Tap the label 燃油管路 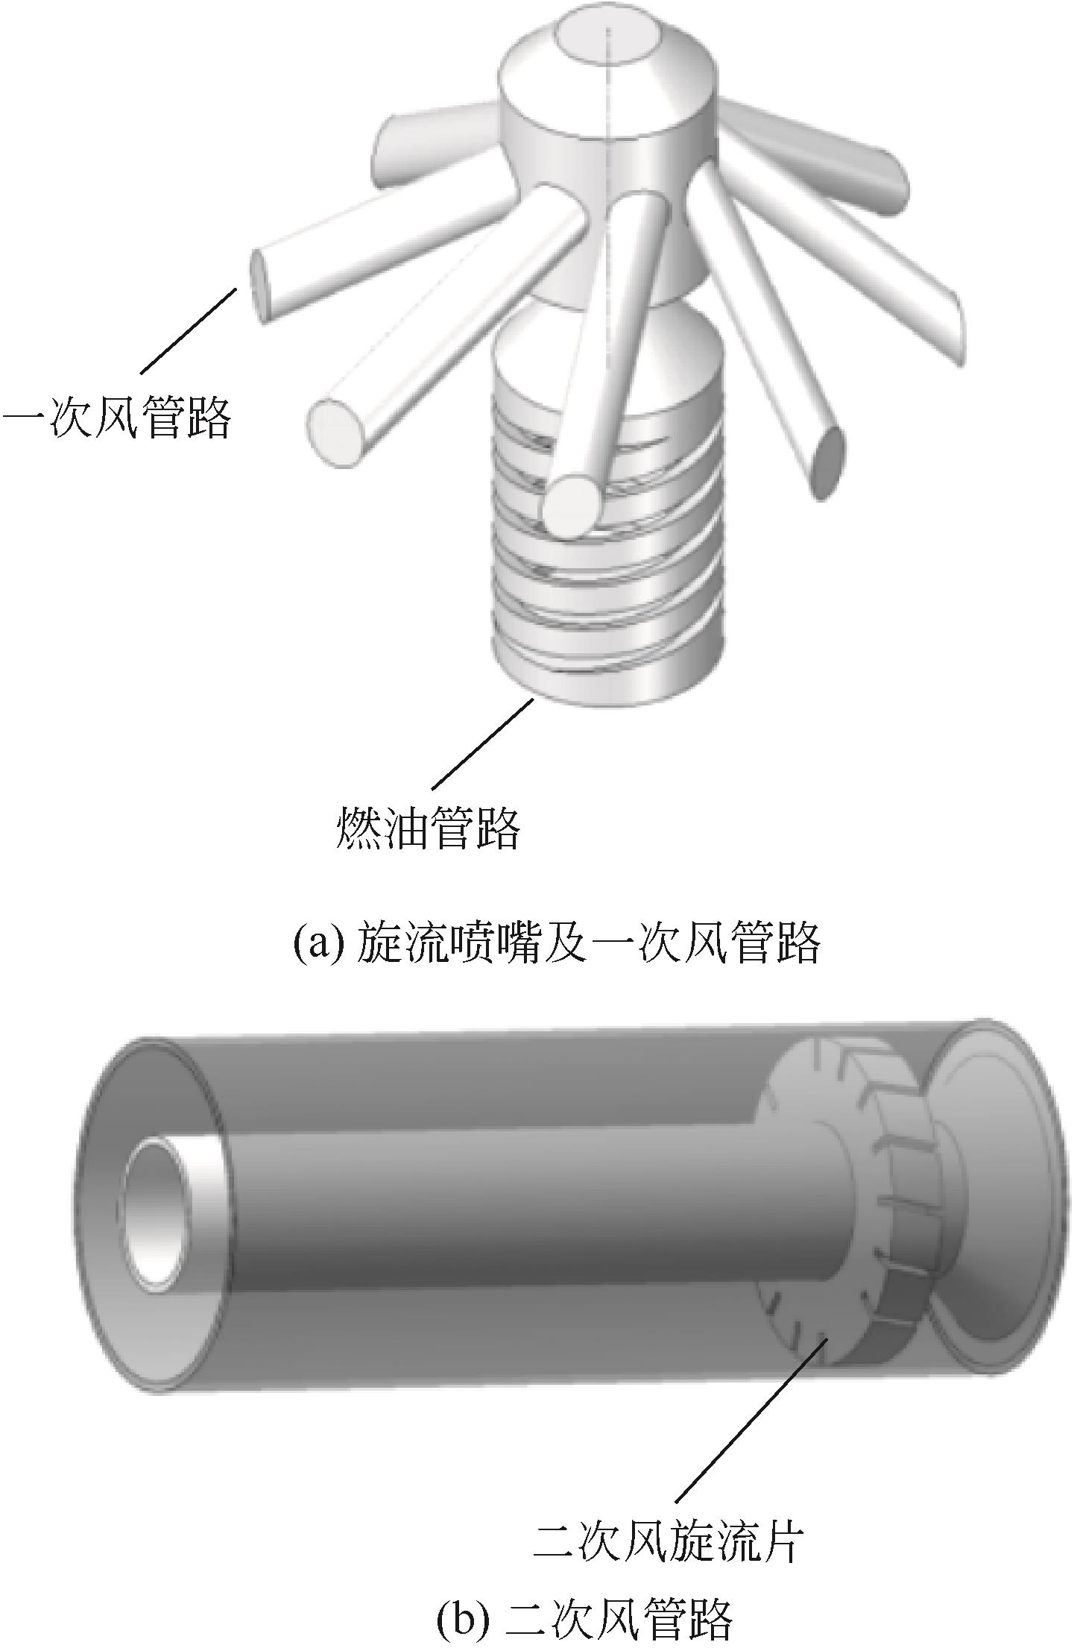428,828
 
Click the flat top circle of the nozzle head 607,42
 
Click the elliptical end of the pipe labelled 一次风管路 258,286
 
